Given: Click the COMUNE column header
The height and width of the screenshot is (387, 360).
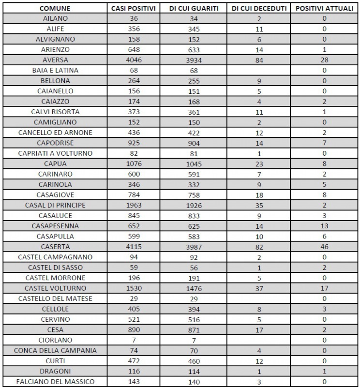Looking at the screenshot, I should click(x=55, y=8).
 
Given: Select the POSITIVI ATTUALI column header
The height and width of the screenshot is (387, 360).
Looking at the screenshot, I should click(x=324, y=8).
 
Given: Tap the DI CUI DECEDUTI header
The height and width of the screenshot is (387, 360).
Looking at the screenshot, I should click(x=259, y=8).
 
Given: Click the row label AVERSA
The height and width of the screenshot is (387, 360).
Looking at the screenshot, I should click(x=55, y=60).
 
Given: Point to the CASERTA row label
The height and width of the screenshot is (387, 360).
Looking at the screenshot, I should click(x=55, y=247).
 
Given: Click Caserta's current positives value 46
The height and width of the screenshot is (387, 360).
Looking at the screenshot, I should click(x=324, y=247).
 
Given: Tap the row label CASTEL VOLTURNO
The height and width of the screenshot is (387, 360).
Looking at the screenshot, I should click(x=55, y=288).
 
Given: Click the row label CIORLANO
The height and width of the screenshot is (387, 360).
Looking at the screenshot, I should click(x=55, y=340).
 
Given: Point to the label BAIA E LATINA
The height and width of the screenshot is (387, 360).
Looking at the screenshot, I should click(x=55, y=70).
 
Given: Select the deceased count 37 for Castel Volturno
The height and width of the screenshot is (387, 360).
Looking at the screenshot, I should click(x=259, y=288).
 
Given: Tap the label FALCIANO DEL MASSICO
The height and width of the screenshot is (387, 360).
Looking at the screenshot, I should click(x=55, y=382).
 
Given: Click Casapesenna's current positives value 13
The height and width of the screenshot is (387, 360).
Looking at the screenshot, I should click(x=324, y=226).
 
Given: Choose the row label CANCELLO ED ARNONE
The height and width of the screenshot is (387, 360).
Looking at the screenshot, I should click(x=55, y=133).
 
